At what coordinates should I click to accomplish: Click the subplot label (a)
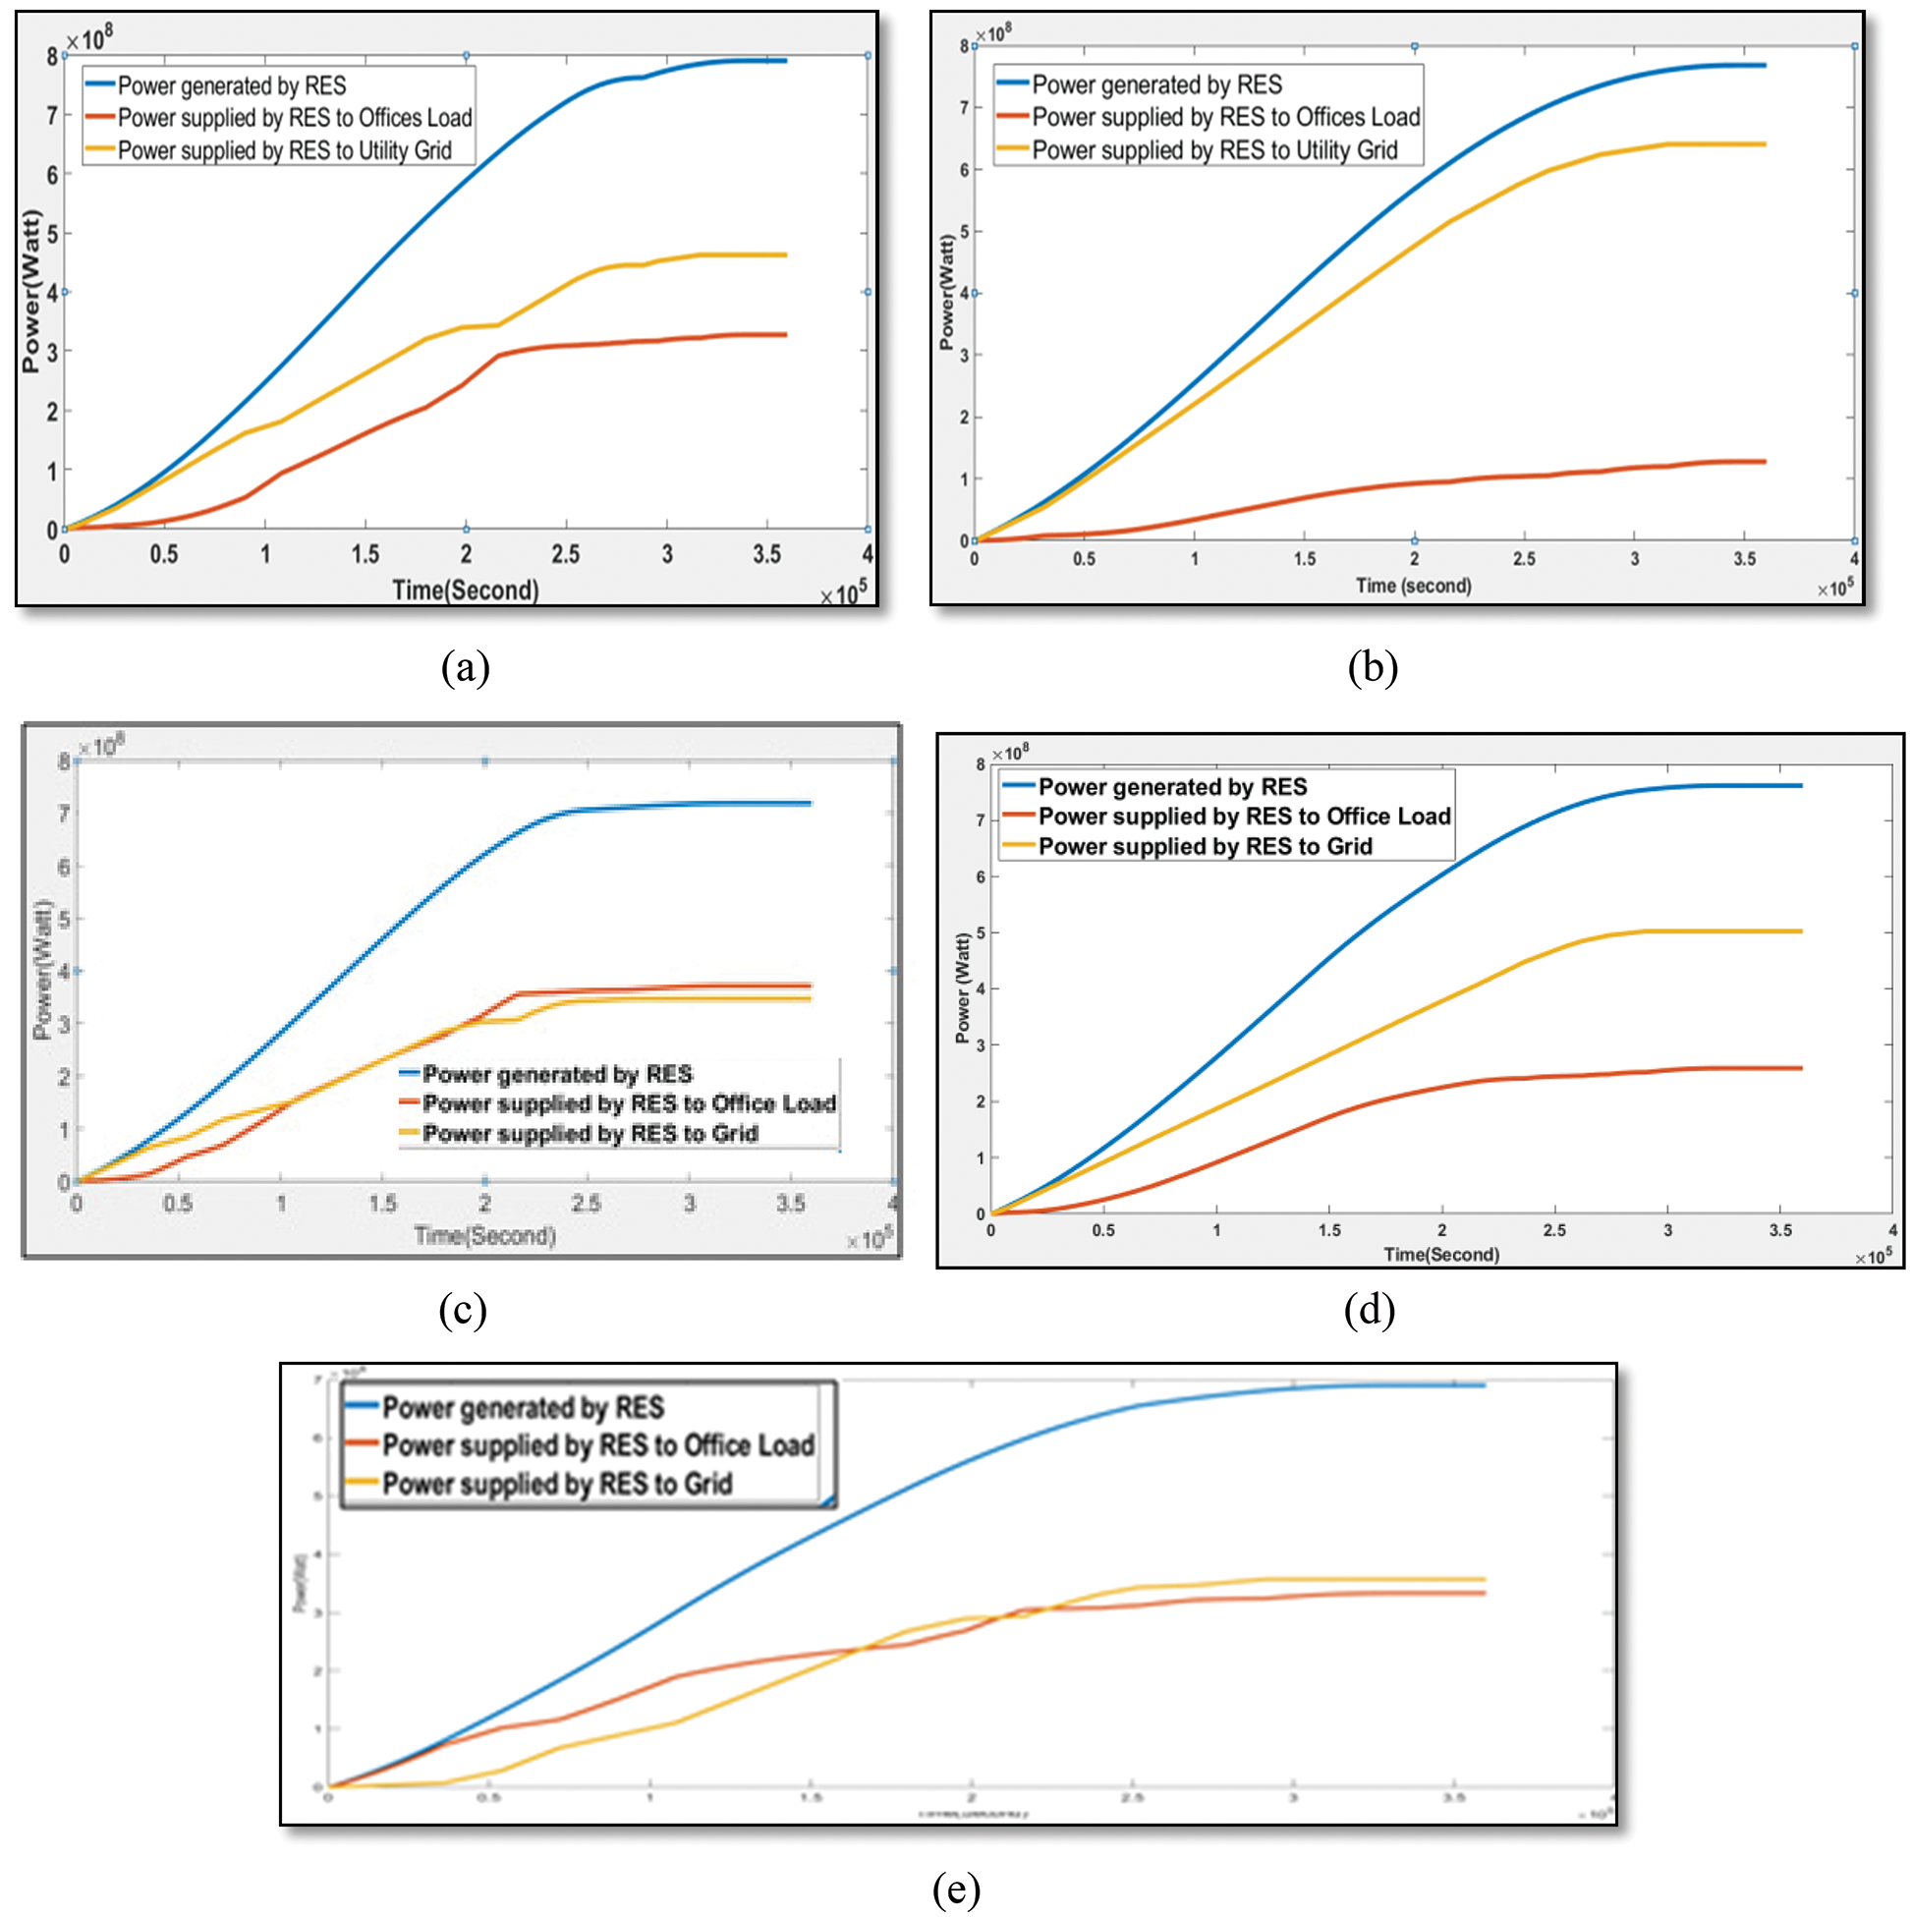pyautogui.click(x=465, y=668)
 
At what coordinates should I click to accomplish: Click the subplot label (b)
pyautogui.click(x=1373, y=668)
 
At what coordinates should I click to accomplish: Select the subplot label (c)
pyautogui.click(x=463, y=1310)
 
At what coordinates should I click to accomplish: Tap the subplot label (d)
pyautogui.click(x=1370, y=1310)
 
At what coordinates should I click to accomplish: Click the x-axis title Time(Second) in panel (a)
pyautogui.click(x=466, y=591)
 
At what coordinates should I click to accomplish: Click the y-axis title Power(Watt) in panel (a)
pyautogui.click(x=31, y=292)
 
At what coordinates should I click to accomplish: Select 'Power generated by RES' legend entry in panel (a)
pyautogui.click(x=231, y=85)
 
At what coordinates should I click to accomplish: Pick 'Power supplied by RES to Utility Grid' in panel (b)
pyautogui.click(x=1213, y=149)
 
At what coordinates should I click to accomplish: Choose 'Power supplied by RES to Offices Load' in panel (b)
pyautogui.click(x=1225, y=117)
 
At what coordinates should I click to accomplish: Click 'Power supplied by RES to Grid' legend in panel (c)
pyautogui.click(x=590, y=1133)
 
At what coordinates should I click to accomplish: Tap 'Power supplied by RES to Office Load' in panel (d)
pyautogui.click(x=1243, y=816)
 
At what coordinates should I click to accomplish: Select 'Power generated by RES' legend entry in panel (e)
pyautogui.click(x=523, y=1408)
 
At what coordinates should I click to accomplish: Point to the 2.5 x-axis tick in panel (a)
pyautogui.click(x=566, y=553)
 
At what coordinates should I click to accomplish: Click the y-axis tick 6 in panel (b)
pyautogui.click(x=965, y=170)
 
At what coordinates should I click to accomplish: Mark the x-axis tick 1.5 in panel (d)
pyautogui.click(x=1329, y=1230)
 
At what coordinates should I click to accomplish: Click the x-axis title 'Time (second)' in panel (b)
pyautogui.click(x=1413, y=586)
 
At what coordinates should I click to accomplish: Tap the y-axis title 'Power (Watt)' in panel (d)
pyautogui.click(x=962, y=988)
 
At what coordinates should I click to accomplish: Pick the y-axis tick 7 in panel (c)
pyautogui.click(x=65, y=814)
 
